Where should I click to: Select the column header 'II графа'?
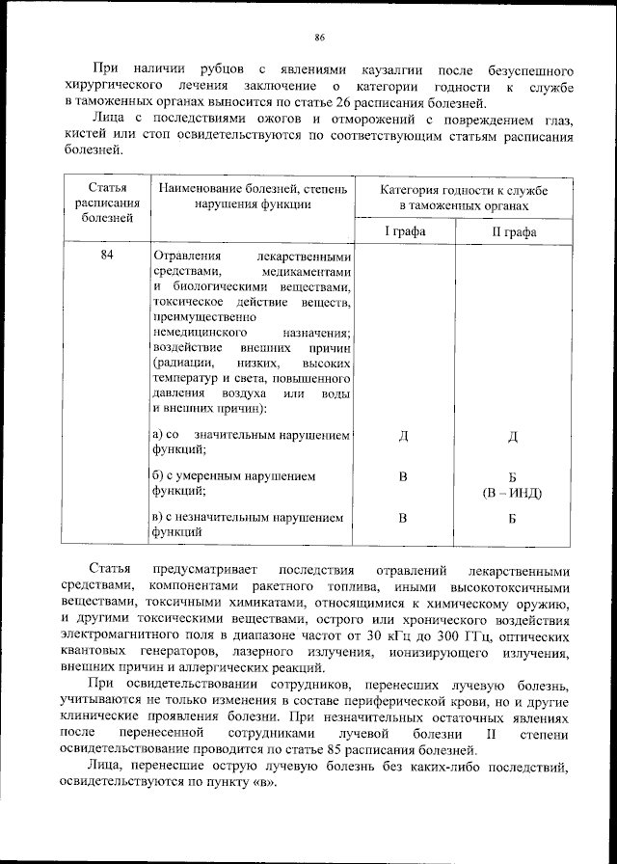[512, 231]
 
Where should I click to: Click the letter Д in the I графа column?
[404, 437]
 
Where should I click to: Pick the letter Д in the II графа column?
[512, 437]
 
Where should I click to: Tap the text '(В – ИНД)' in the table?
[512, 493]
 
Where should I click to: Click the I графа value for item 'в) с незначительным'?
[404, 518]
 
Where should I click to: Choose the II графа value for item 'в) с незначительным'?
[512, 518]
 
